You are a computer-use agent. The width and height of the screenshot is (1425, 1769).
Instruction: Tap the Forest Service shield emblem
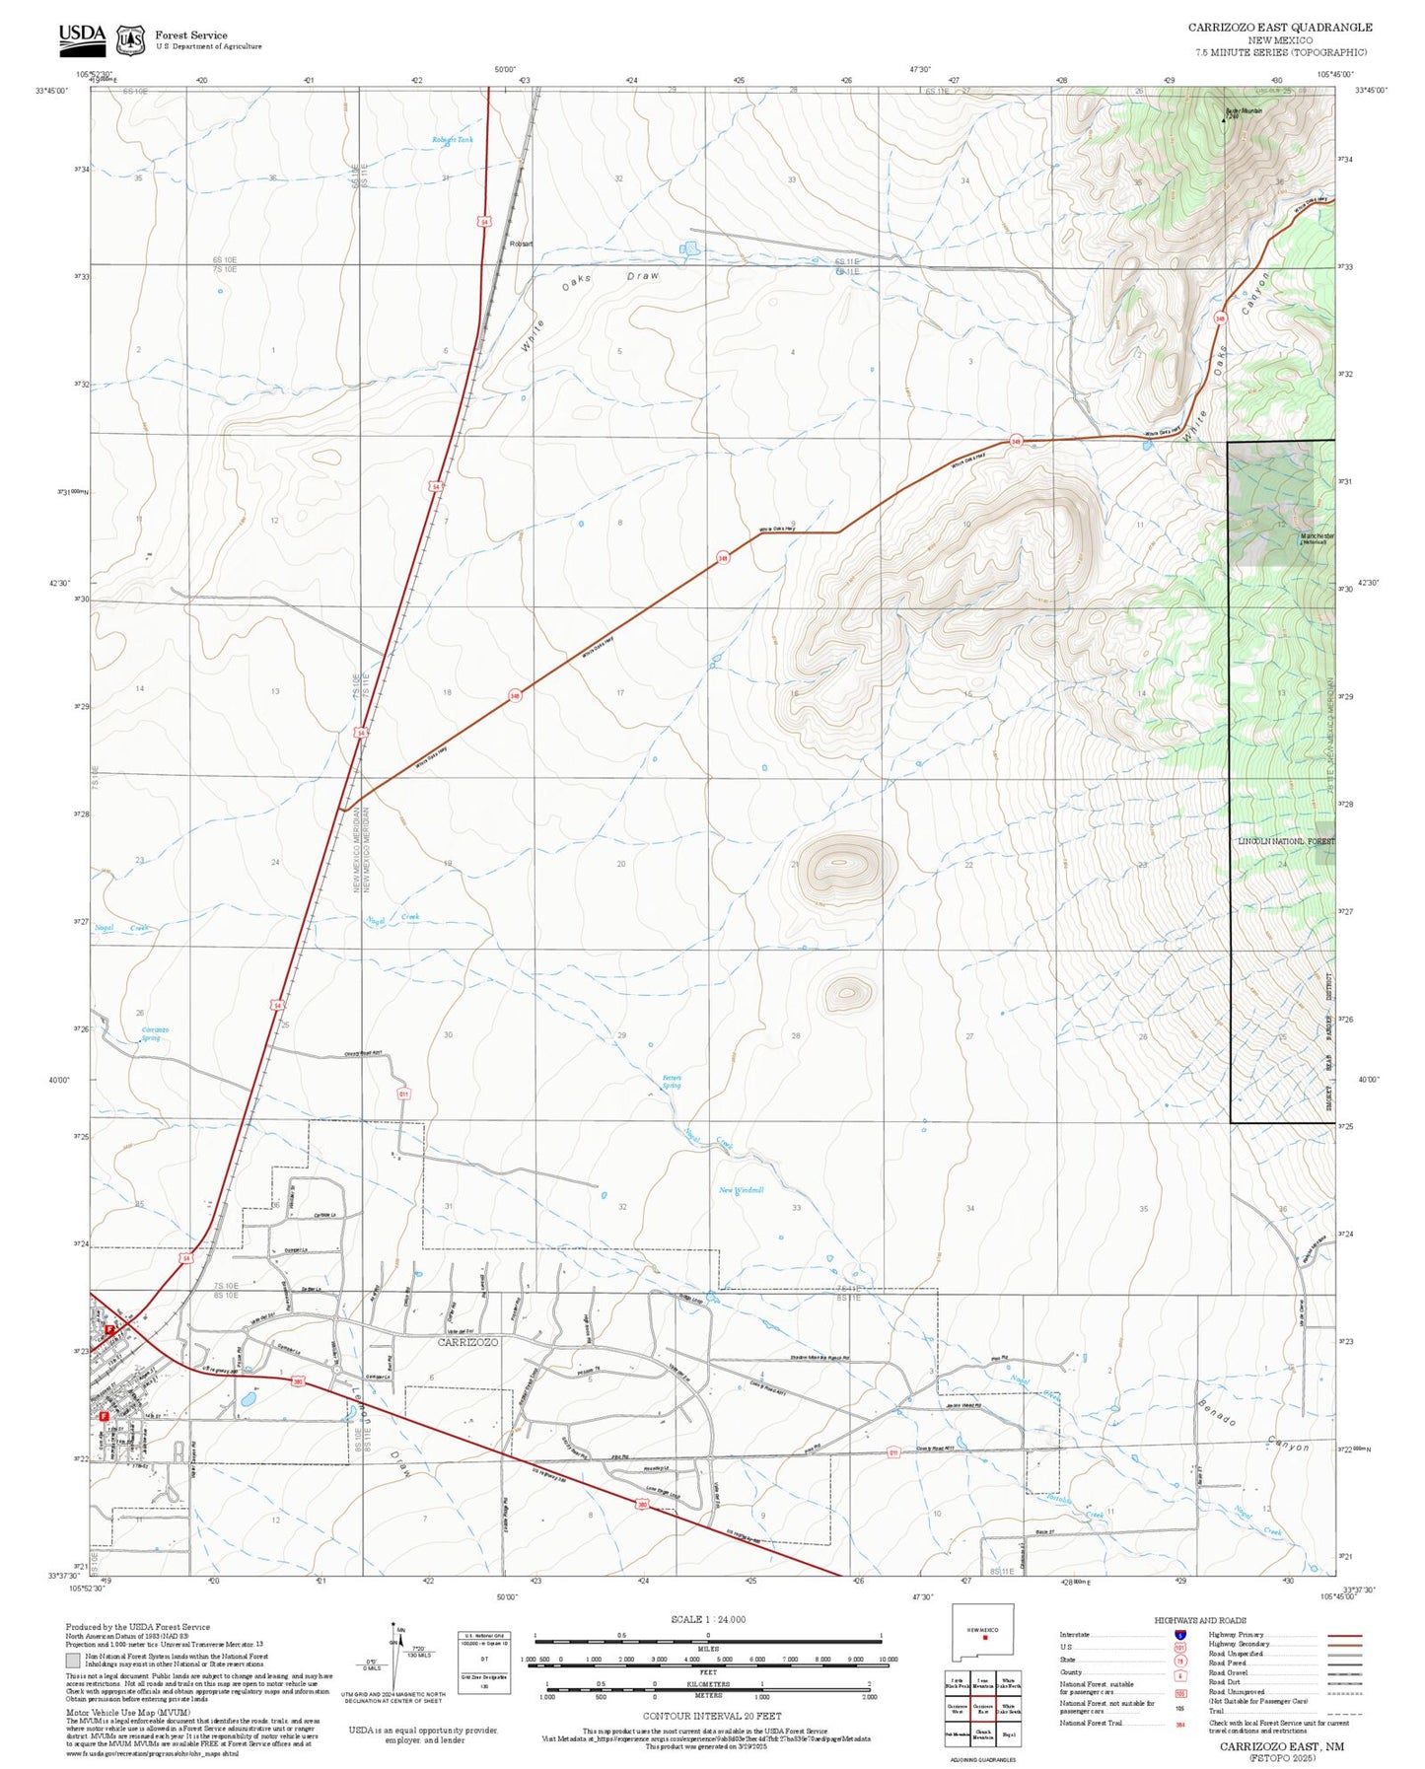coord(129,39)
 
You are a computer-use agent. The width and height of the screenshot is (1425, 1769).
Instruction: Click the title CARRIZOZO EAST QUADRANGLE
coord(1279,28)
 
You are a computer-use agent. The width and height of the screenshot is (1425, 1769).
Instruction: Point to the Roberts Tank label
coord(452,140)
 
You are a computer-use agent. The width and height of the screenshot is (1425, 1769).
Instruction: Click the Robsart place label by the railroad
coord(521,244)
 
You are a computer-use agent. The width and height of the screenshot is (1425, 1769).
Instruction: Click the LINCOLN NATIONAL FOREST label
coord(1285,841)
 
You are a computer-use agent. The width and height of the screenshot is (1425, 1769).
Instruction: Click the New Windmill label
coord(741,1190)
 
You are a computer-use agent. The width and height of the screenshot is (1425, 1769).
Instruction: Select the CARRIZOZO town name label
coord(467,1342)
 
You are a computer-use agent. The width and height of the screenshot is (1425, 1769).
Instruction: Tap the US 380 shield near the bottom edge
coord(642,1505)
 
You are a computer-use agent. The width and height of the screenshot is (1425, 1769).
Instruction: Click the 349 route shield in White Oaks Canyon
coord(1220,318)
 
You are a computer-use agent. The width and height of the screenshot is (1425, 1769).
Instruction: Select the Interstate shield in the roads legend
coord(1179,1635)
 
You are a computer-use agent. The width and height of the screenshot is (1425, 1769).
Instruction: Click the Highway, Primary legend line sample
coord(1344,1635)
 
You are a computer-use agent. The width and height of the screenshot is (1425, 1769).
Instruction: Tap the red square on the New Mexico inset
coord(985,1639)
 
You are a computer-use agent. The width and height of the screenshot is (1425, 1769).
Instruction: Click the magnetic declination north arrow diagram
coord(395,1657)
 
